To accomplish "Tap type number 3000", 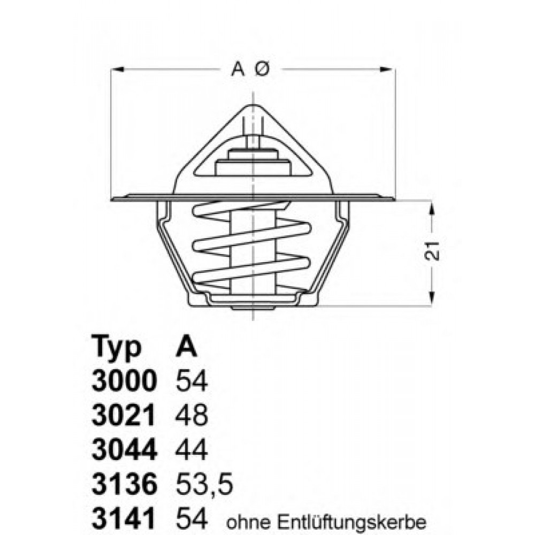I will click(125, 381).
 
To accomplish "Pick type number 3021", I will click(125, 416).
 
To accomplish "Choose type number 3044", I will click(125, 450).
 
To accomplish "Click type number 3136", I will click(125, 485).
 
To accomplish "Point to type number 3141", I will click(125, 518).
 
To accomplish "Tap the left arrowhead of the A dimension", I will click(117, 69).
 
